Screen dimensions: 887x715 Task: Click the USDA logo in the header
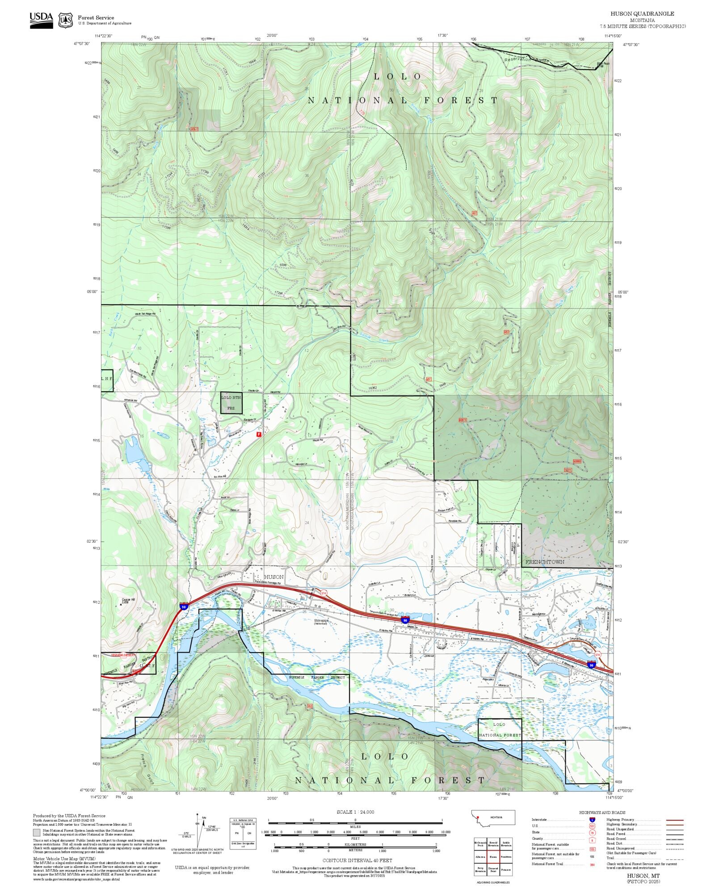coord(41,20)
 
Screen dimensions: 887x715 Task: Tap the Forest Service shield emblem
coord(66,20)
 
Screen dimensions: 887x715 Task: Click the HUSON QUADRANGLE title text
coord(642,14)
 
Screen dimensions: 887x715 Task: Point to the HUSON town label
coord(273,577)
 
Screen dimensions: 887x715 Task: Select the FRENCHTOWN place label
coord(544,561)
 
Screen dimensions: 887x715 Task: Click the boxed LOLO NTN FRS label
coord(231,402)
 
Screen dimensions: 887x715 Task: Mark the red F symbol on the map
coord(258,434)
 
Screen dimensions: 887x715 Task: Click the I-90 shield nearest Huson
coord(184,606)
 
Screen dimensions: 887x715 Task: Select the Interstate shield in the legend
coord(592,820)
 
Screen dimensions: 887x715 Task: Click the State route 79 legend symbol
coord(592,832)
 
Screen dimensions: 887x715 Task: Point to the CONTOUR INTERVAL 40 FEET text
coord(357,860)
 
